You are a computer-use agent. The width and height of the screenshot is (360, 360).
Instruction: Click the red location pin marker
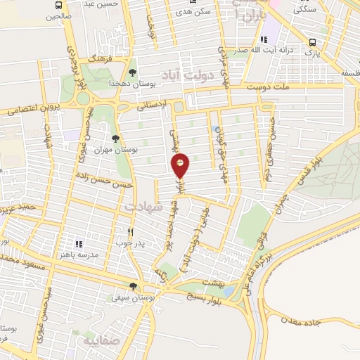[181, 165]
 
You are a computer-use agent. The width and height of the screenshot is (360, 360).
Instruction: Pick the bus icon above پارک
[311, 42]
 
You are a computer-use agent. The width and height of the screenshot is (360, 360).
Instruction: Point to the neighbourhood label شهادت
[142, 207]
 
